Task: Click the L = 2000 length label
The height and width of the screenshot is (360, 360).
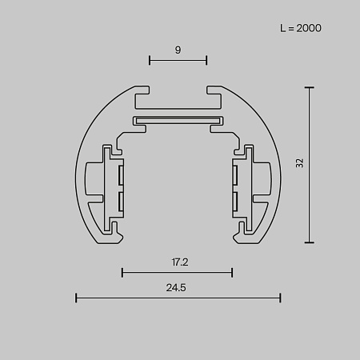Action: (x=301, y=28)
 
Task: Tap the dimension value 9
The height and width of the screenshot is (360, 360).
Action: (x=178, y=50)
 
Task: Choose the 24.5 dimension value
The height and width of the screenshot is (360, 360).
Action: (x=178, y=288)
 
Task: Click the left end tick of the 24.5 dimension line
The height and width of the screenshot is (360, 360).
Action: (x=76, y=298)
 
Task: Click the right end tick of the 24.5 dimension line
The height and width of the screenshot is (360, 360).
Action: (x=281, y=298)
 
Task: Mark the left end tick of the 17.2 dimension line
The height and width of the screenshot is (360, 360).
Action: (x=122, y=273)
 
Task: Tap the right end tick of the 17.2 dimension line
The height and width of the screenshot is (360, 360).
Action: (x=232, y=273)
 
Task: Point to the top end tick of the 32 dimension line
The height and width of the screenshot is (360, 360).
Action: (x=310, y=86)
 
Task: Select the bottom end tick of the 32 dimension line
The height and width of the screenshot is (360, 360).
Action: (x=310, y=242)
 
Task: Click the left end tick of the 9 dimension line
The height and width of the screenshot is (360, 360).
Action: (x=150, y=60)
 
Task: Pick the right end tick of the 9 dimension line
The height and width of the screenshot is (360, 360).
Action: (x=206, y=60)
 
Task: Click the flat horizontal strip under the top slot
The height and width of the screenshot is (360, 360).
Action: (x=178, y=122)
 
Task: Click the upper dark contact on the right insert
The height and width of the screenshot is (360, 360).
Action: (x=235, y=173)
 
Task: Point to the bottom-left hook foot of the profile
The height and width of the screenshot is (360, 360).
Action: (x=116, y=232)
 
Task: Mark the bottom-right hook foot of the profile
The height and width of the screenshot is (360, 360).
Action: (x=239, y=232)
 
